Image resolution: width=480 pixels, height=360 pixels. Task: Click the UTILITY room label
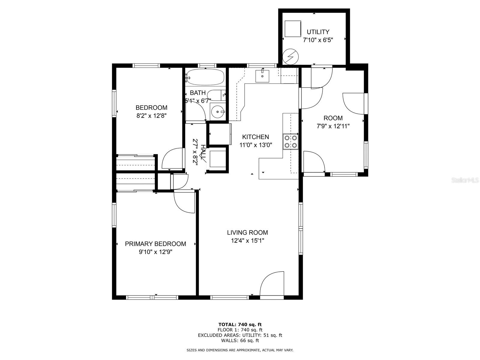pos(318,32)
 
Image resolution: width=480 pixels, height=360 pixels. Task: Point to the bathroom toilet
pos(216,95)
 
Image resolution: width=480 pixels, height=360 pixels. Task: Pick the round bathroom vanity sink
pos(217,112)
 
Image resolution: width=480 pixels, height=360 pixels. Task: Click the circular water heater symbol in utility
pos(290,57)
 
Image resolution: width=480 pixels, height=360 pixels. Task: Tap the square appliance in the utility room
pos(293,28)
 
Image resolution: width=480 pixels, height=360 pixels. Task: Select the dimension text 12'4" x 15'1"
pos(247,241)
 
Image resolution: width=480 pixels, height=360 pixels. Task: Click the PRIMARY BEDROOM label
pos(155,244)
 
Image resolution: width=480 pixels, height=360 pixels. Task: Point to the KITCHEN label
pos(255,137)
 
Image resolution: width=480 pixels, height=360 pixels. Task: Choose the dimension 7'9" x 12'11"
pos(333,126)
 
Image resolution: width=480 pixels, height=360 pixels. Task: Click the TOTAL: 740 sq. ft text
pos(240,324)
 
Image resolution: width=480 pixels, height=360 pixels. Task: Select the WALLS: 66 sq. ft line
pos(240,340)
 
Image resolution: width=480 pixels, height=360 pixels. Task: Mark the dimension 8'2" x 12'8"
pos(151,115)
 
